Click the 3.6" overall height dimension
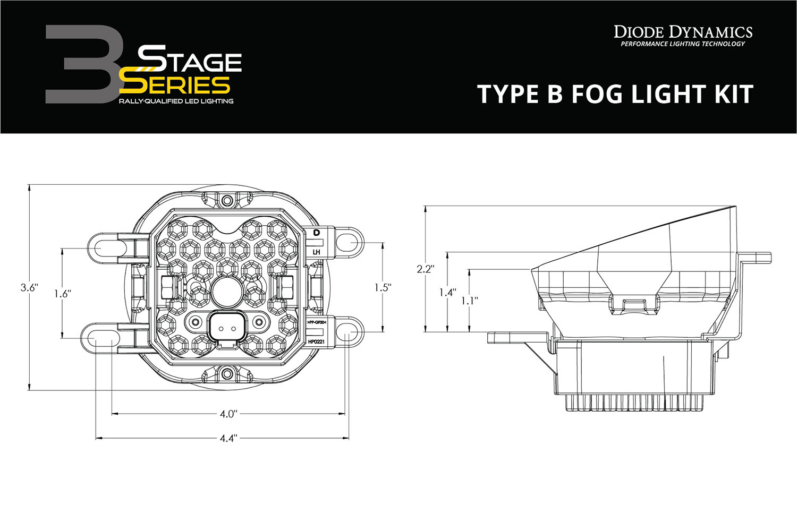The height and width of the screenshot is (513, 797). click(x=29, y=288)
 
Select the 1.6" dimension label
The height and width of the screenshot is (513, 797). click(x=62, y=293)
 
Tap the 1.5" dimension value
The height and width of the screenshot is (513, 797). click(x=383, y=287)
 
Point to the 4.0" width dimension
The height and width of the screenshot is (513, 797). click(x=228, y=414)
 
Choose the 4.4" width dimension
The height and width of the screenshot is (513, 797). click(x=228, y=438)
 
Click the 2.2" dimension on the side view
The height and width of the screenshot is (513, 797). click(x=426, y=269)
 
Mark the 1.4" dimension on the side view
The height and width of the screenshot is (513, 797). click(x=447, y=292)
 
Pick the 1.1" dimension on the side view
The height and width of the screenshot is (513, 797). click(x=469, y=301)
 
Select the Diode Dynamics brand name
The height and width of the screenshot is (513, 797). click(x=683, y=32)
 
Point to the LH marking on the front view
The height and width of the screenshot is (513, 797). click(x=317, y=252)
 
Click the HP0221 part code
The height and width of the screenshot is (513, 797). click(x=317, y=342)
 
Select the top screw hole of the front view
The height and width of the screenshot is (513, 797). click(x=227, y=201)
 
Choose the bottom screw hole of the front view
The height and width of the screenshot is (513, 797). click(x=227, y=373)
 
